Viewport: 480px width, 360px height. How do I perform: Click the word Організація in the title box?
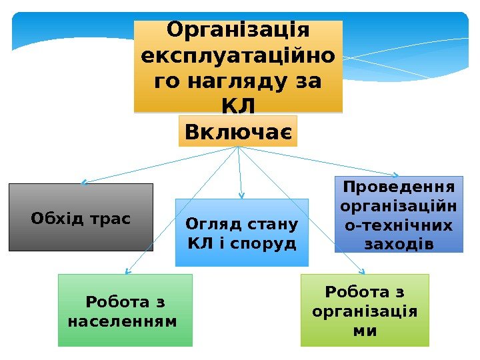(238, 31)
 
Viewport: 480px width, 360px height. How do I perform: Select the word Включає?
(238, 131)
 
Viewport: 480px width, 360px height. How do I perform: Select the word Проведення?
(399, 185)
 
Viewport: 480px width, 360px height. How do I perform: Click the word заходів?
(399, 244)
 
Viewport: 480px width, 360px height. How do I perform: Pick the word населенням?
(123, 321)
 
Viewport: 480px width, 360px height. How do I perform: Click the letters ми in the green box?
(365, 330)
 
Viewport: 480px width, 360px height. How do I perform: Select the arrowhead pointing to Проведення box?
(401, 177)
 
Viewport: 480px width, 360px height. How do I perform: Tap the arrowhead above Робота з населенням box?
(127, 271)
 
